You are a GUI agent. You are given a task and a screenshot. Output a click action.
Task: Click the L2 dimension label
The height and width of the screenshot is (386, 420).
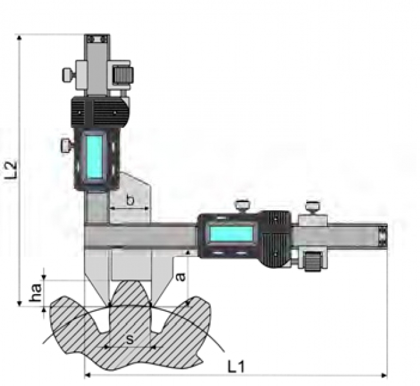coord(12,170)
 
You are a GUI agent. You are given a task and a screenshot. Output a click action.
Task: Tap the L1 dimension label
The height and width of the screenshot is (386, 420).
coord(236,366)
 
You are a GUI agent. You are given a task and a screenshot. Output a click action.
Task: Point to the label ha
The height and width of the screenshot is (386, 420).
coord(35,292)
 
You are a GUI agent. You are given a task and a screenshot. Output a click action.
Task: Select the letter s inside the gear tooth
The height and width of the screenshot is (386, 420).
coord(129,340)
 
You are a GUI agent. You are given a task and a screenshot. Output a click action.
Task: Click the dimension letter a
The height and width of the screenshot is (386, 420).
coord(181,277)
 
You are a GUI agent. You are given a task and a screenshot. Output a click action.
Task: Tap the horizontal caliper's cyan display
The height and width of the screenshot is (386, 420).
coord(231,234)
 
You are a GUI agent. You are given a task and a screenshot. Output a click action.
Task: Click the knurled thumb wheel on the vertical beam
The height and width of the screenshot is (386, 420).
coord(124,75)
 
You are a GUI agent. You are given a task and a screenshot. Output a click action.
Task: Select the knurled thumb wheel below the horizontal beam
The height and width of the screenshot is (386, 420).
coord(313,261)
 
